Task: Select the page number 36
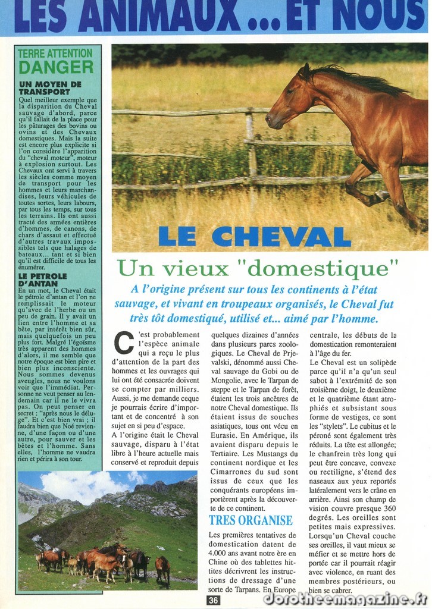(214, 600)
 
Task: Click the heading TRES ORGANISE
(251, 520)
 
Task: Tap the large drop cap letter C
(123, 343)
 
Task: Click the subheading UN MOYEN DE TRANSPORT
(50, 88)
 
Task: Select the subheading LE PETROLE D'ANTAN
(43, 280)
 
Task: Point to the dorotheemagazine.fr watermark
(345, 598)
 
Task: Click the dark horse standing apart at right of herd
(162, 567)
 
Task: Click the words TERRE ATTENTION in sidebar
(55, 53)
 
